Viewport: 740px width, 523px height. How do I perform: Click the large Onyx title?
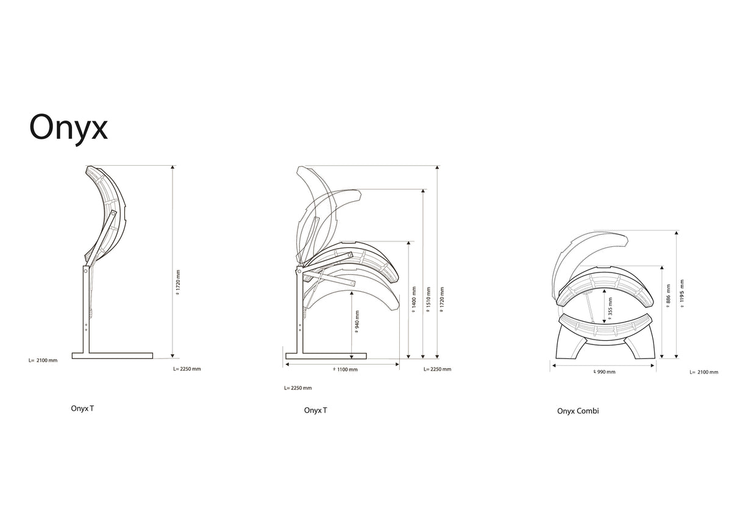(68, 127)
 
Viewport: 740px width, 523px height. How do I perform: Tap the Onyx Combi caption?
(578, 411)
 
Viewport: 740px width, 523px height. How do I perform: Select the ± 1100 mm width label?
(345, 369)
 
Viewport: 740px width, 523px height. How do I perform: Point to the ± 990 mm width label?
(604, 372)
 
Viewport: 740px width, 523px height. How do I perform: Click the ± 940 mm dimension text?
(357, 321)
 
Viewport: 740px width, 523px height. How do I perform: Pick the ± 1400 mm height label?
(414, 300)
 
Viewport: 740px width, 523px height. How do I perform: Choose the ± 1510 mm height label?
(429, 300)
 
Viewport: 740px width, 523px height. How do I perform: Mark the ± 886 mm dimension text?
(668, 296)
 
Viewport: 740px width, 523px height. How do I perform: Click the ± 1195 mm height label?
(683, 294)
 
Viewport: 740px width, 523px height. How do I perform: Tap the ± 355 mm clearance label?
(610, 308)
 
